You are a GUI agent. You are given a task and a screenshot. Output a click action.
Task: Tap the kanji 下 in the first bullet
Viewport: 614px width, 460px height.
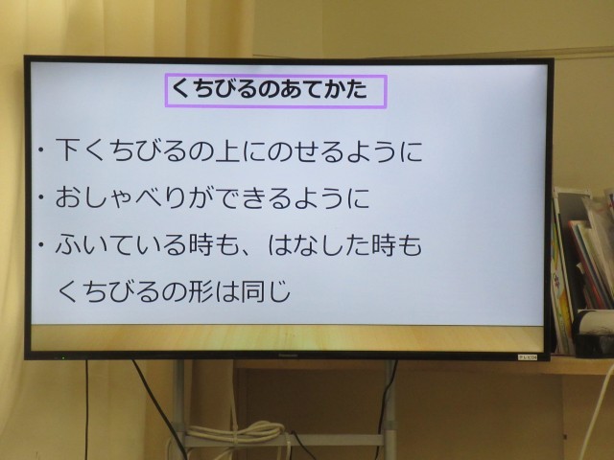(68, 149)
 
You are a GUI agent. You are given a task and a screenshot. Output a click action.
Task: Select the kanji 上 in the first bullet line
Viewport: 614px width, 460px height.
(227, 150)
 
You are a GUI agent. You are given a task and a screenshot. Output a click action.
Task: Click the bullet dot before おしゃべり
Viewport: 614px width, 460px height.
(40, 197)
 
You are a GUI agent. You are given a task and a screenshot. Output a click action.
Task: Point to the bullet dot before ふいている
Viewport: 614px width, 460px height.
(40, 245)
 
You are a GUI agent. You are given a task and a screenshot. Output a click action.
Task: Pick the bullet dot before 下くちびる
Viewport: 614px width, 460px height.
(40, 150)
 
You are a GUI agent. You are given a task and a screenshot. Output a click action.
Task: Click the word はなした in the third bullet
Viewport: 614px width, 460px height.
(319, 245)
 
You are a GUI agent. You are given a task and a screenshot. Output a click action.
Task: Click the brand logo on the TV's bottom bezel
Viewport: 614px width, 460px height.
(288, 356)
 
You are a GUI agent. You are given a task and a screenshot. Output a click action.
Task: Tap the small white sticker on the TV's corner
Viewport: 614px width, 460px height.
(528, 357)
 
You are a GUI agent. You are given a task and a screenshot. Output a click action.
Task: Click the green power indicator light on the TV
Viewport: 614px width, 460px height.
(62, 357)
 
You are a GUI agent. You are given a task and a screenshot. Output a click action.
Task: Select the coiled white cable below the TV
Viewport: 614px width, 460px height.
(235, 431)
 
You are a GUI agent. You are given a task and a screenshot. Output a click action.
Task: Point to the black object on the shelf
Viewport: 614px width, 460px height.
(593, 333)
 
